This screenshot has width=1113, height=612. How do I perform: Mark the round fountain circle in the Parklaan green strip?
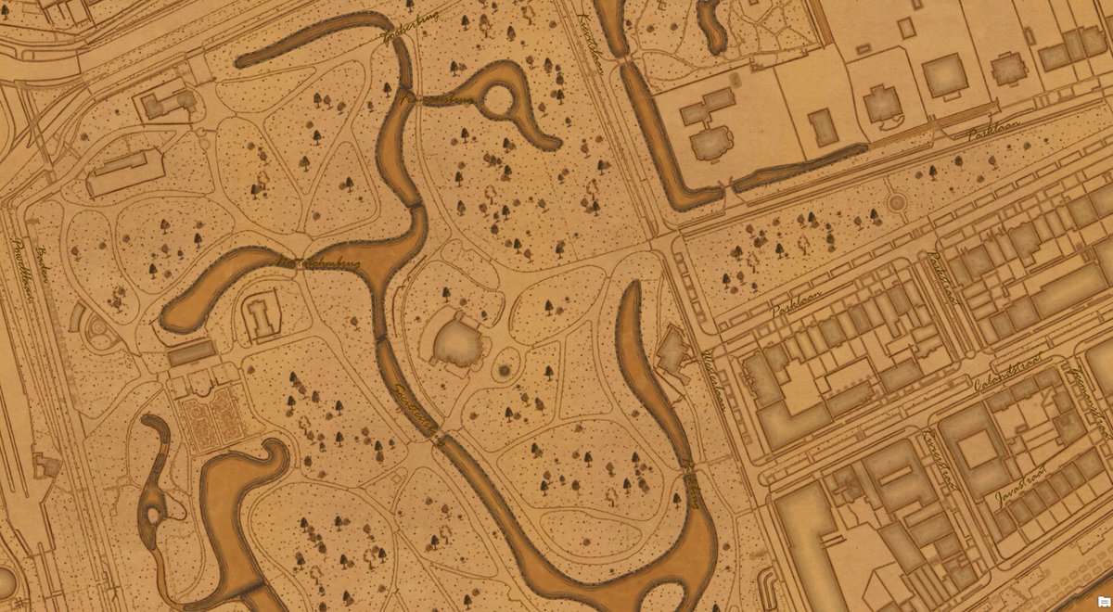(x=896, y=201)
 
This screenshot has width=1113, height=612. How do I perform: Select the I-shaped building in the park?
(x=264, y=313)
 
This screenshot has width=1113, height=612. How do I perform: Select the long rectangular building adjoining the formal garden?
(x=192, y=352)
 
